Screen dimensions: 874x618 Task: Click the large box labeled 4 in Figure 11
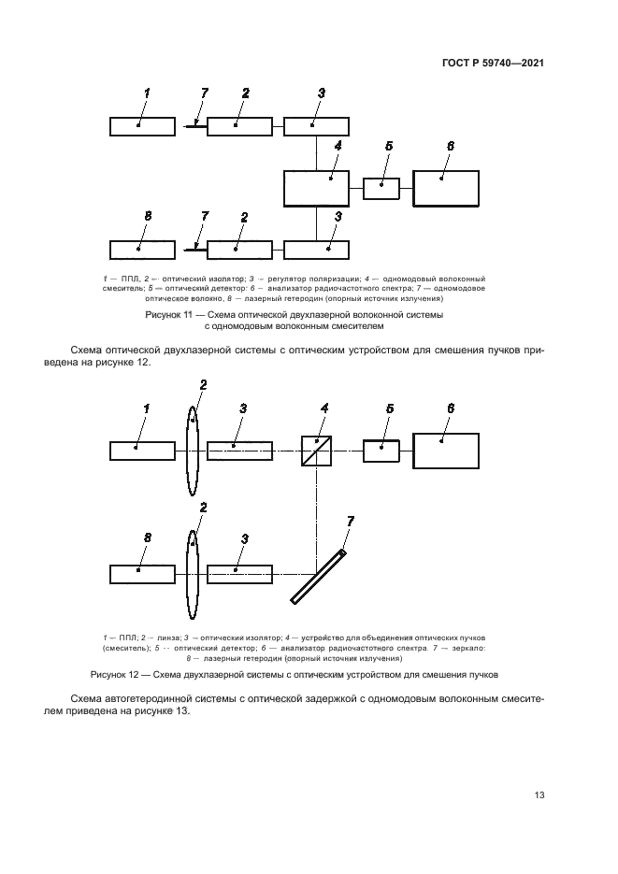coord(316,188)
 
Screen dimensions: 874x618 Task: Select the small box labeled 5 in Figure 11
coord(381,188)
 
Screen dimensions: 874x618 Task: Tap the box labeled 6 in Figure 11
coord(446,188)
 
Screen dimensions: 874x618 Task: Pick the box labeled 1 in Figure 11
coord(142,126)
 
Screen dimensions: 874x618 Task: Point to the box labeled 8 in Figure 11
coord(142,250)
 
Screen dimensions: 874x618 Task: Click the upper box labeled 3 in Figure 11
coord(316,126)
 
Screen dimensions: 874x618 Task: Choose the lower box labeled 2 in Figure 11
coord(239,250)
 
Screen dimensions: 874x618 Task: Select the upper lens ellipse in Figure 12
coord(192,450)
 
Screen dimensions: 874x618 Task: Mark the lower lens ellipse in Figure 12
coord(192,573)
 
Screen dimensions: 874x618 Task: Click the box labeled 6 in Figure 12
coord(446,450)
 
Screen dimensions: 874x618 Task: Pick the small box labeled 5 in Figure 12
coord(381,450)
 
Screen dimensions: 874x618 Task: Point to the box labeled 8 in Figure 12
coord(142,573)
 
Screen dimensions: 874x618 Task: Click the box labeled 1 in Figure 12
coord(142,451)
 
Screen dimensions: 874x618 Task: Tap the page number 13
coord(539,795)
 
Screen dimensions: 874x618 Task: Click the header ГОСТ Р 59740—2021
coord(493,64)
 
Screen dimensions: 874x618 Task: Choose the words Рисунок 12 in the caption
coord(113,673)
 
